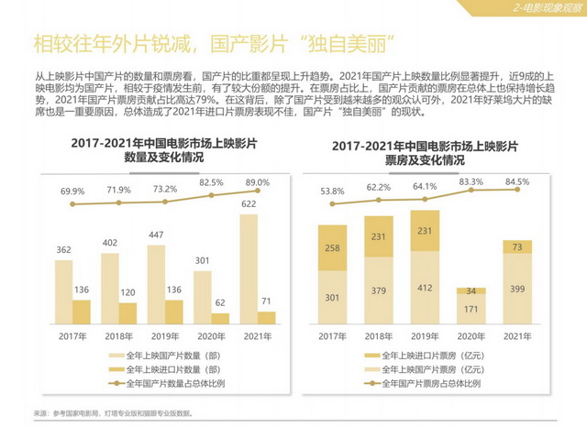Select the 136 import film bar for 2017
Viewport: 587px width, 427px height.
81,312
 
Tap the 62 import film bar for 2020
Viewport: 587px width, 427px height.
219,319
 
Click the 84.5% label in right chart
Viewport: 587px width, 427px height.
517,181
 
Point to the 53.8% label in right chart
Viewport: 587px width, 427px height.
331,192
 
